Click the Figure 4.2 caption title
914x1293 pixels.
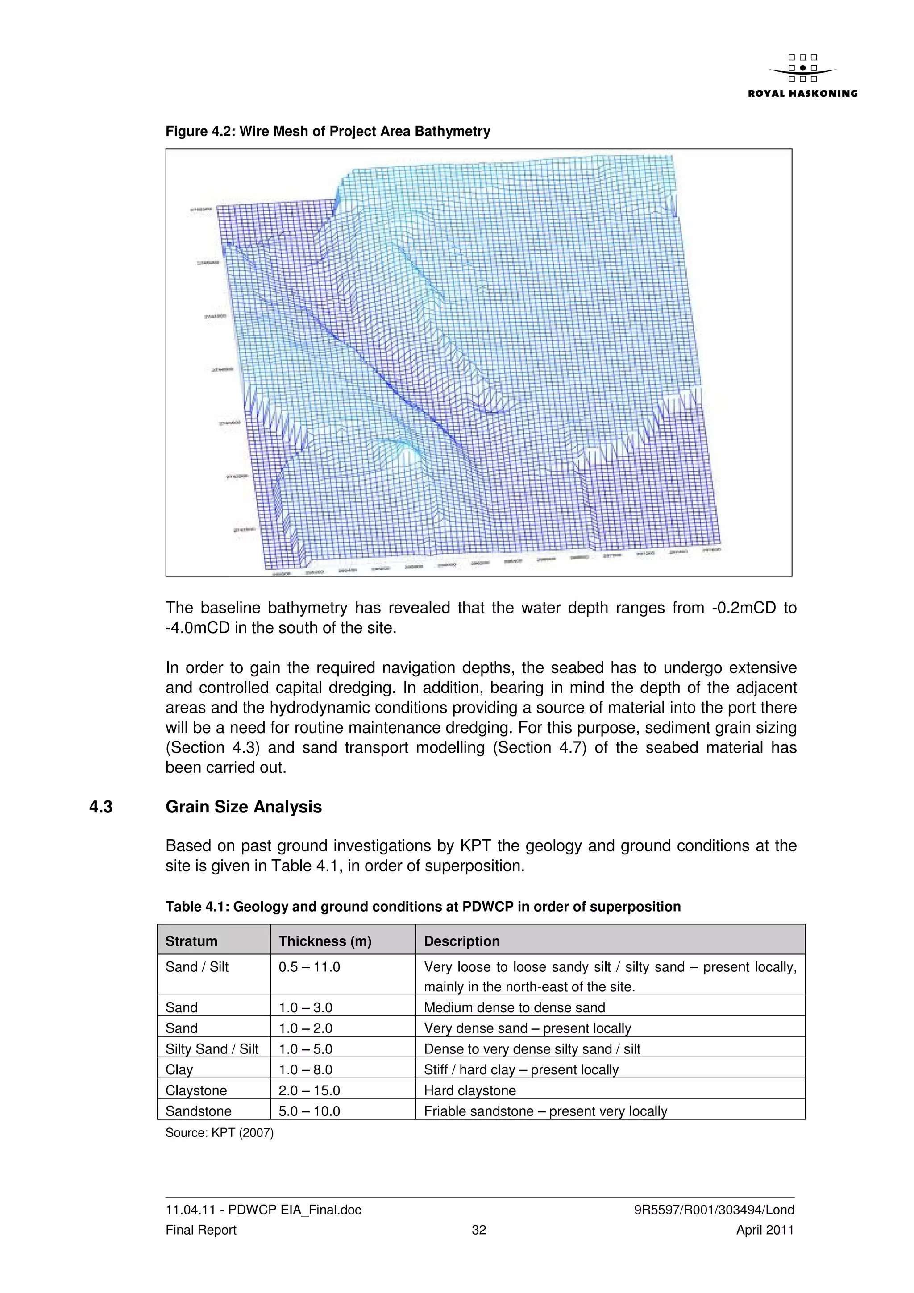click(x=328, y=131)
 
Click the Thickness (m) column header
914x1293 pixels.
click(x=325, y=941)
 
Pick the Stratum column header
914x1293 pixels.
click(x=191, y=941)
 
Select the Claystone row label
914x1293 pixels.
click(x=196, y=1090)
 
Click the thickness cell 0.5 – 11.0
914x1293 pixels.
click(x=309, y=967)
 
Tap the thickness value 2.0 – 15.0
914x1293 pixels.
click(x=309, y=1090)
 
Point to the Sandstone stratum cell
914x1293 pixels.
click(x=198, y=1111)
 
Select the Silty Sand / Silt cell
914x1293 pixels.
click(x=212, y=1049)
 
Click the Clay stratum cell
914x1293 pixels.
click(x=179, y=1069)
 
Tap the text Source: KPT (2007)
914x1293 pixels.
click(x=219, y=1132)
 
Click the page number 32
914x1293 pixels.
click(x=479, y=1230)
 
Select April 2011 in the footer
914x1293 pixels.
click(x=765, y=1230)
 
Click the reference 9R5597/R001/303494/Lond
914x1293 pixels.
click(x=714, y=1210)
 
